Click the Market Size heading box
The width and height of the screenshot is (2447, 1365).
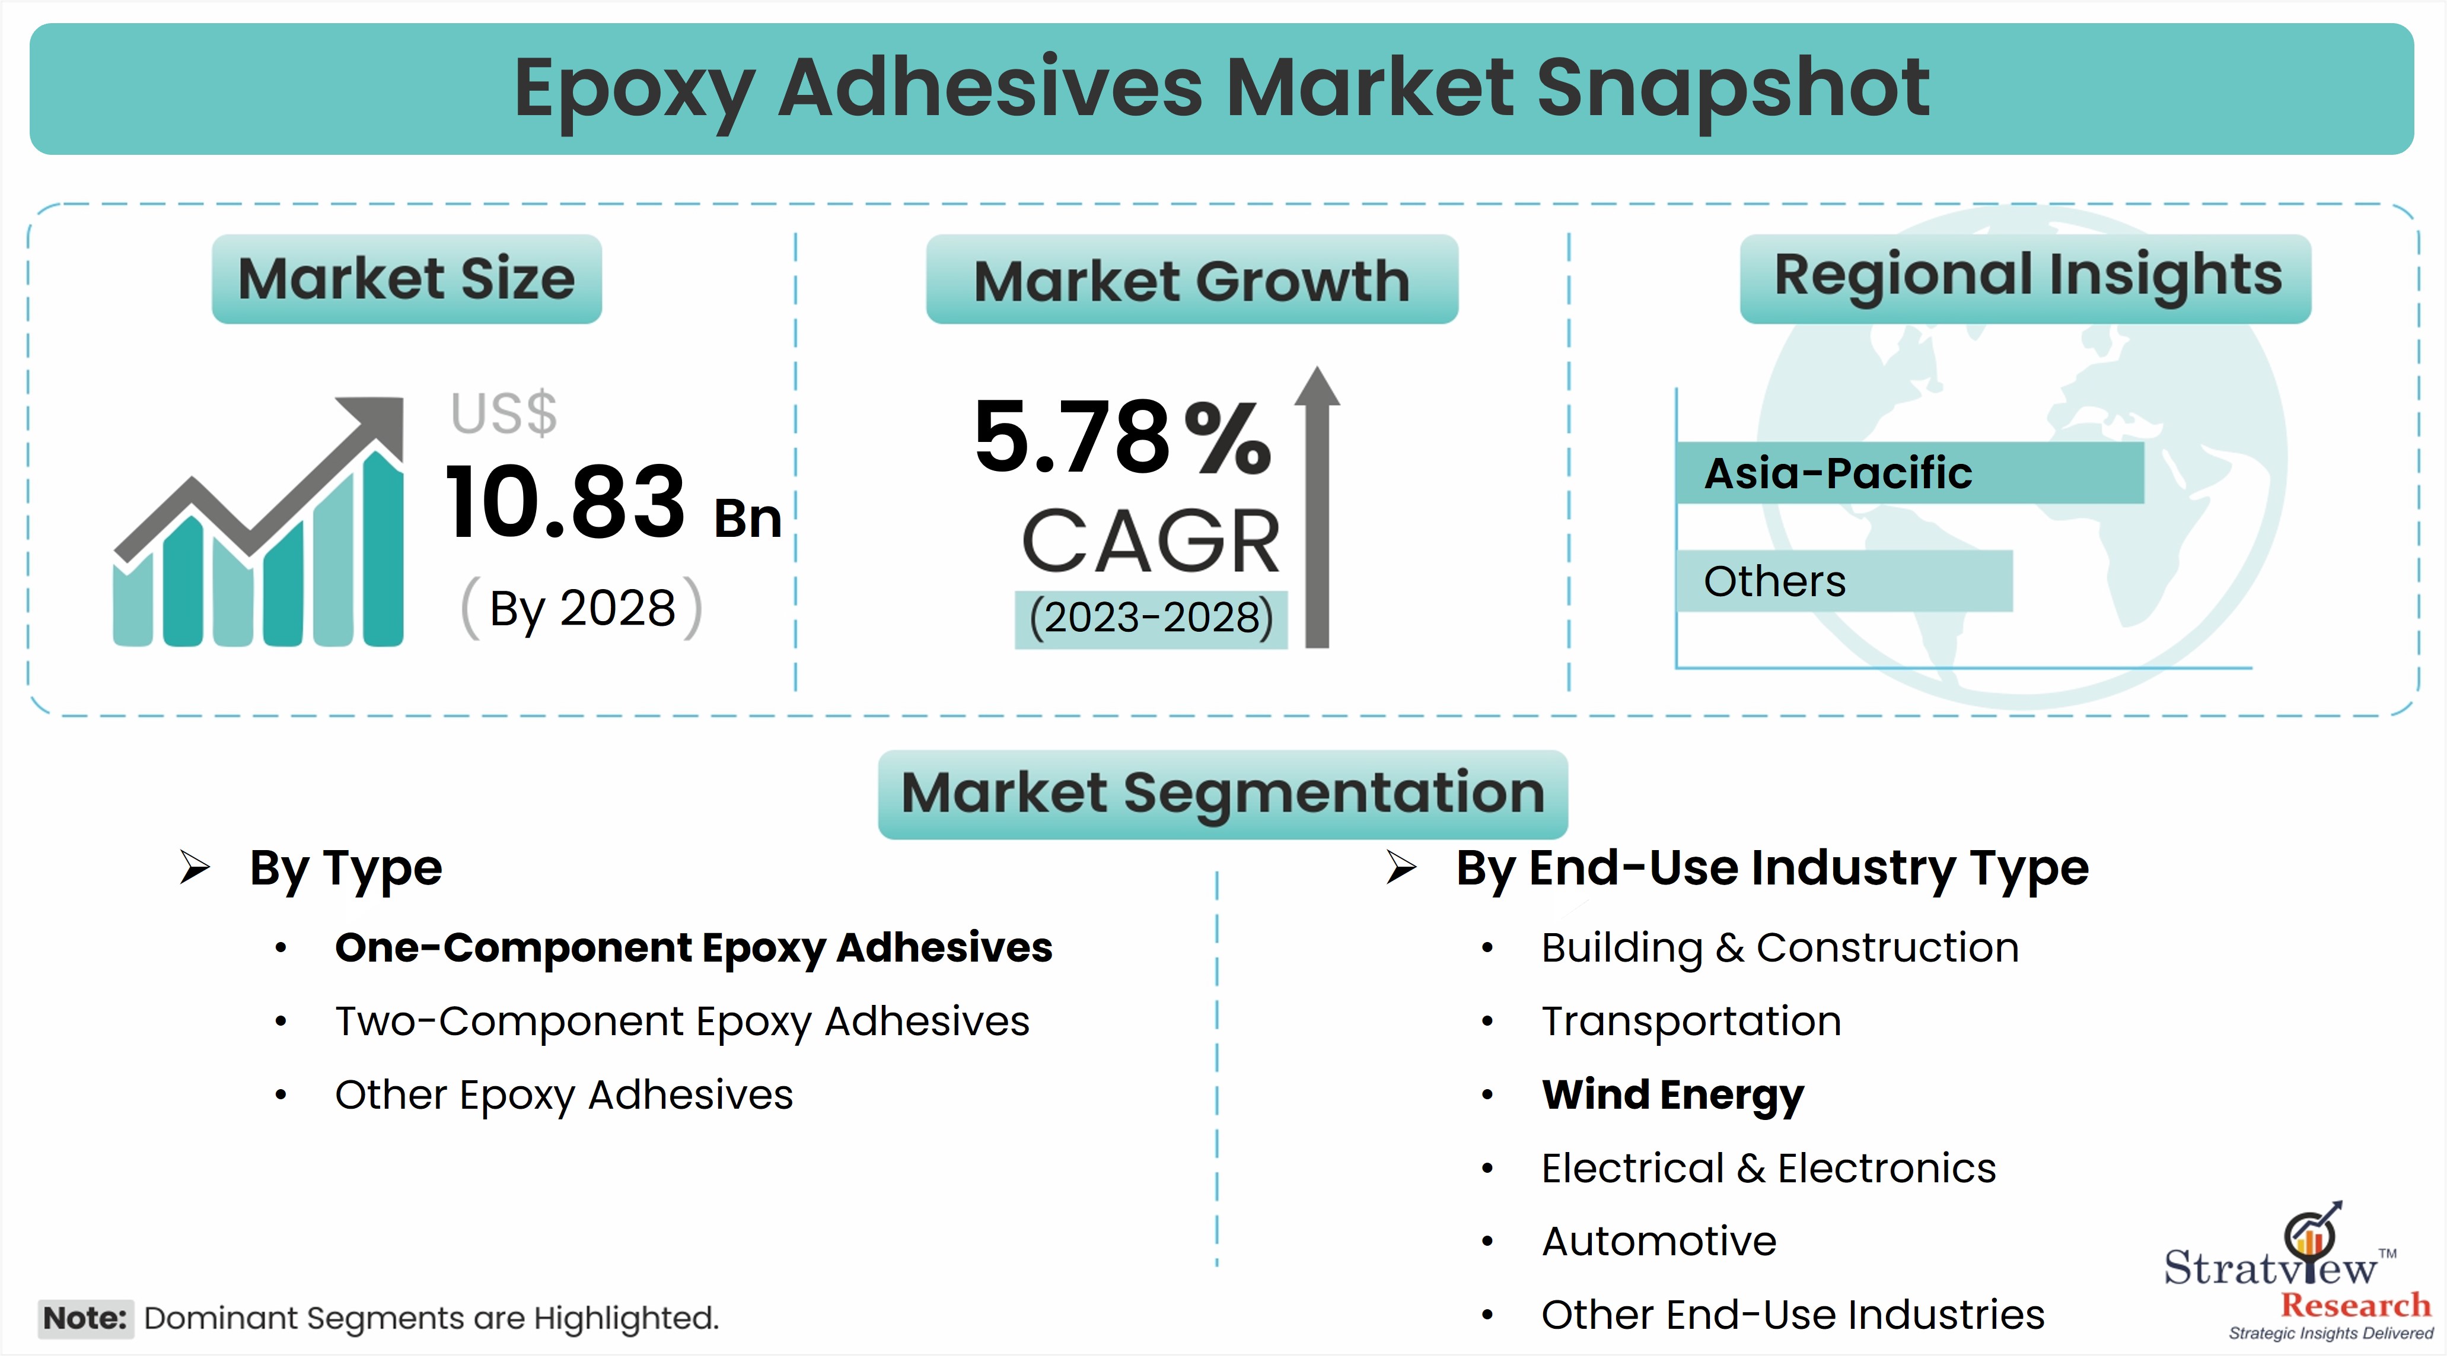click(407, 279)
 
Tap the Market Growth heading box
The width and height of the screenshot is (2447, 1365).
click(1192, 279)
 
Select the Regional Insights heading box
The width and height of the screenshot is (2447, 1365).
click(2025, 279)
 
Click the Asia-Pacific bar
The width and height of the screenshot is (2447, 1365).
click(1910, 472)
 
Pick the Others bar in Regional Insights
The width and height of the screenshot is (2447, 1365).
click(1845, 580)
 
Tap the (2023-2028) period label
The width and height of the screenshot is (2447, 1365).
click(1151, 618)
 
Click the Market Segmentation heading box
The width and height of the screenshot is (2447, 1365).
click(1222, 794)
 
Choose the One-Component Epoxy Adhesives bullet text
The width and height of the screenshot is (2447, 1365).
click(693, 948)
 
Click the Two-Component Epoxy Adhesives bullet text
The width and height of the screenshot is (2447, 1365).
click(682, 1022)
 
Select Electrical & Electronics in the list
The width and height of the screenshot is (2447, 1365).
click(1769, 1169)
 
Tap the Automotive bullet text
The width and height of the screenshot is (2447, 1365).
click(1659, 1242)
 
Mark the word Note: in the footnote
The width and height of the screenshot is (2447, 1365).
click(85, 1319)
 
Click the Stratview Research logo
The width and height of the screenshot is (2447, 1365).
click(2299, 1273)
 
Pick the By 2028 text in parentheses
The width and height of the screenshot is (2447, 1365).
click(581, 608)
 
